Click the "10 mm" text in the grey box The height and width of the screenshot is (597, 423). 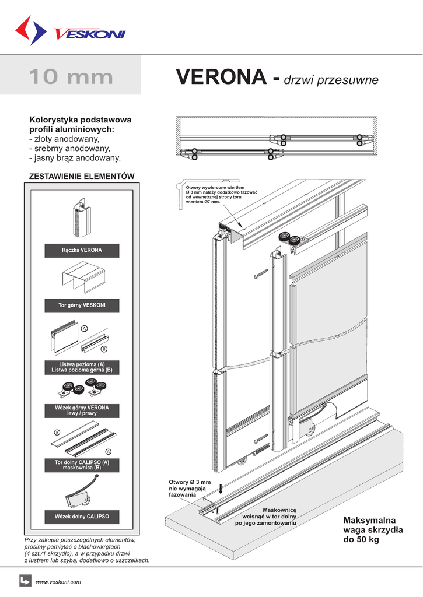click(x=71, y=76)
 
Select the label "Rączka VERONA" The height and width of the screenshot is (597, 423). click(x=82, y=250)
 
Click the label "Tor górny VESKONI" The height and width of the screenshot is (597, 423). click(x=82, y=305)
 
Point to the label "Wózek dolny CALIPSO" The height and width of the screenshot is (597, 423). click(x=82, y=517)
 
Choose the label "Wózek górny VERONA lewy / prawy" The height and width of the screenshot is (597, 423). click(x=82, y=410)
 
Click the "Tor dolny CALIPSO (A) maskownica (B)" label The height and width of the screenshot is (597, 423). click(x=82, y=465)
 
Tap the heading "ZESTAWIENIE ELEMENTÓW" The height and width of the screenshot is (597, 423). click(x=82, y=175)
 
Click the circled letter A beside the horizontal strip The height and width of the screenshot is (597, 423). click(x=84, y=329)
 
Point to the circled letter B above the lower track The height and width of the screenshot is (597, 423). click(x=57, y=432)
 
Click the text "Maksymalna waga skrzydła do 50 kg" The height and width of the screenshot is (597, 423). click(x=369, y=529)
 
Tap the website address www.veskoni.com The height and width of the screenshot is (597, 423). click(x=58, y=582)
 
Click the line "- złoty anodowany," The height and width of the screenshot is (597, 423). click(x=64, y=139)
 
